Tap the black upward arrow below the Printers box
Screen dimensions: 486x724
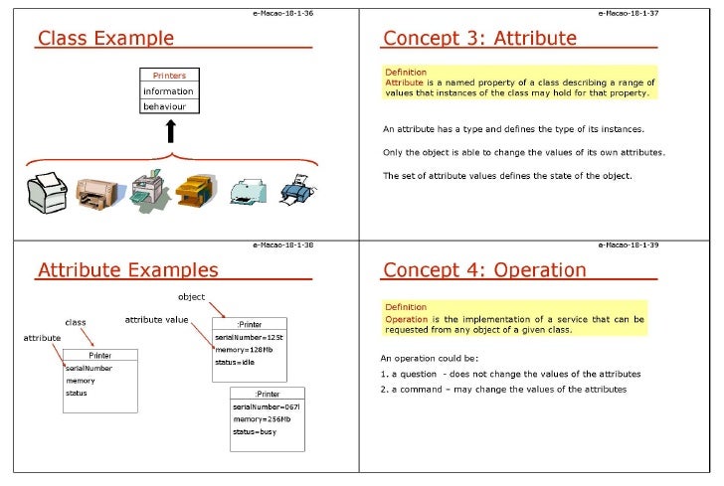pyautogui.click(x=170, y=131)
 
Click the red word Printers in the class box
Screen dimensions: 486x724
pyautogui.click(x=170, y=76)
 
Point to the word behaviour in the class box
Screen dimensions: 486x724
pyautogui.click(x=164, y=105)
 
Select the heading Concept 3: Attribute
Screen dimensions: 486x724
pyautogui.click(x=479, y=39)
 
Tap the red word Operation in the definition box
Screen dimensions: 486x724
pyautogui.click(x=406, y=319)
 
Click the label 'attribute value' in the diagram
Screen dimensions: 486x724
pyautogui.click(x=155, y=319)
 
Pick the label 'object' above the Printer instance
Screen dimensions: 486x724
pyautogui.click(x=191, y=296)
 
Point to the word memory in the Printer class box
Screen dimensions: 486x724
pyautogui.click(x=81, y=381)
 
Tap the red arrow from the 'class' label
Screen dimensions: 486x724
pyautogui.click(x=87, y=337)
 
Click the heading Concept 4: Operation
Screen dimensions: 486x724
pyautogui.click(x=484, y=269)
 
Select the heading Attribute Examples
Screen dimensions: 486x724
pyautogui.click(x=127, y=269)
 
